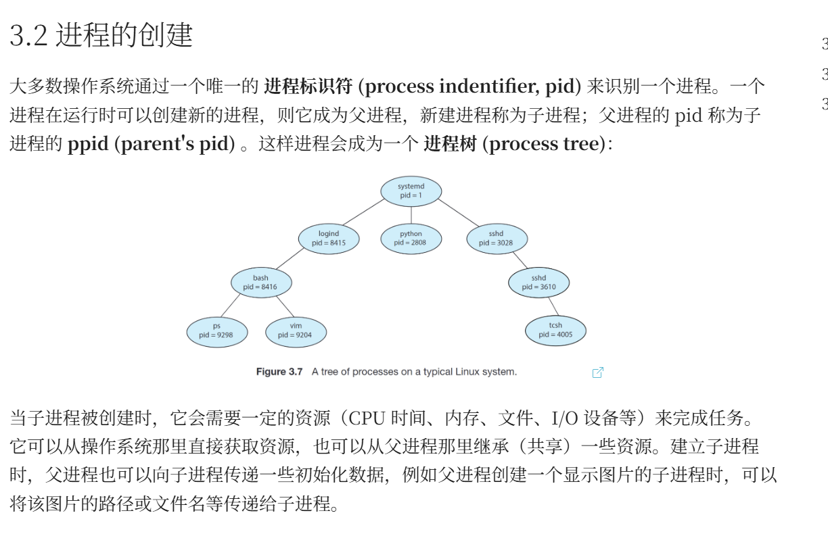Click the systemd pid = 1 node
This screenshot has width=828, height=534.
[411, 191]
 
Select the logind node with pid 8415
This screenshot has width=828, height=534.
[329, 239]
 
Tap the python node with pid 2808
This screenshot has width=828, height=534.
[411, 239]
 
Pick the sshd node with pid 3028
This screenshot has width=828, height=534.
[497, 239]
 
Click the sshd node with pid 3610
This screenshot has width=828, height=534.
[539, 283]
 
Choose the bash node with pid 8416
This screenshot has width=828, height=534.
[261, 283]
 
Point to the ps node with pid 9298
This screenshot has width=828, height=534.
[217, 332]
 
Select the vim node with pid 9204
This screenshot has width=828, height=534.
[296, 332]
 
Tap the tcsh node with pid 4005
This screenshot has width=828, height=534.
[555, 331]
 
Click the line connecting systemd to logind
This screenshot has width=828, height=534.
[364, 212]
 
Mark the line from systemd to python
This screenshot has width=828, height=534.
[411, 216]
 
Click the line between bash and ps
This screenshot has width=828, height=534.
[231, 305]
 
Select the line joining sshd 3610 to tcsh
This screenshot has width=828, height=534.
[553, 306]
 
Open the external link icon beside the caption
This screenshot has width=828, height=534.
[598, 372]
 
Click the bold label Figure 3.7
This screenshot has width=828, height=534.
[279, 372]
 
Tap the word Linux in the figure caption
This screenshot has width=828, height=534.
[467, 372]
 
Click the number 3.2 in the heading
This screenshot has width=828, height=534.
[28, 35]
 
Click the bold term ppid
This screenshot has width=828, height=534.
[88, 144]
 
